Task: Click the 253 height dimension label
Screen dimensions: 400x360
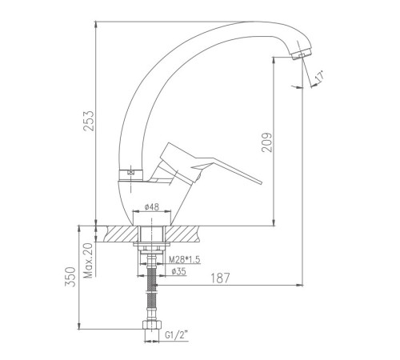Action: point(89,121)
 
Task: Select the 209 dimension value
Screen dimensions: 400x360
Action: point(267,142)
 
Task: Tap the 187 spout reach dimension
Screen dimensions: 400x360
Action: point(220,278)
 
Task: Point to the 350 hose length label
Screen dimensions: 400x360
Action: point(70,277)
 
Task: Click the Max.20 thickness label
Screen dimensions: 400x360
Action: point(88,261)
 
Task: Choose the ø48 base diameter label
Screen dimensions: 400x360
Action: point(152,206)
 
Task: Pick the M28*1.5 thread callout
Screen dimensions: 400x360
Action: point(185,259)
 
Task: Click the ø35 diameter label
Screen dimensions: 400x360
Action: point(178,271)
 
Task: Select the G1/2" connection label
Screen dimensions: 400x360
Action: point(177,334)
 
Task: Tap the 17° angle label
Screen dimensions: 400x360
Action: point(319,76)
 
